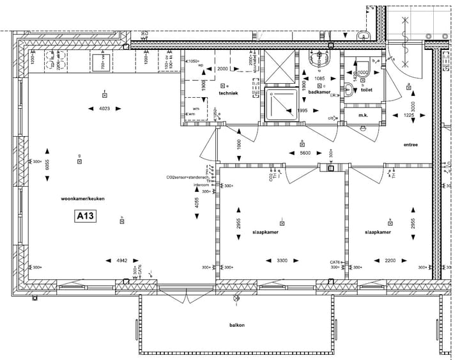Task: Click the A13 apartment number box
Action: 85,217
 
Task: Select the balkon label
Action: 237,325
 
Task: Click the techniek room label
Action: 228,93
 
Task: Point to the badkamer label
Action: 318,93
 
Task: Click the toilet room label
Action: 366,90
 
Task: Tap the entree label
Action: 410,145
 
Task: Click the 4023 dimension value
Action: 105,109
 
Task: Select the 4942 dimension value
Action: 122,260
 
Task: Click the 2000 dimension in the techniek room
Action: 222,68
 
